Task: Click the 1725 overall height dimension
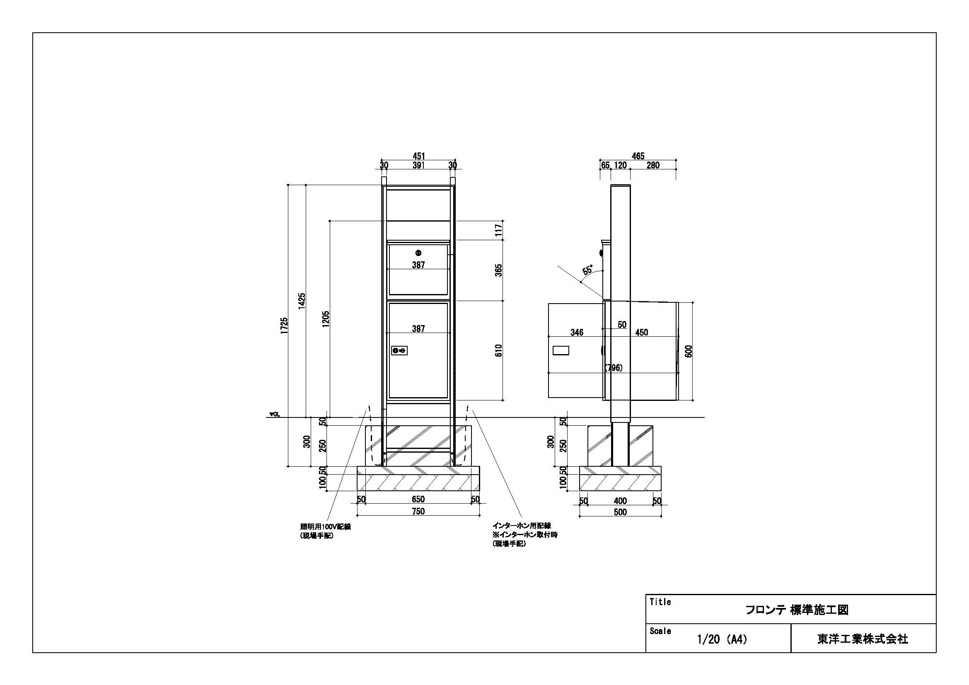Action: (x=285, y=326)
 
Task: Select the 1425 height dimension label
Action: (x=302, y=301)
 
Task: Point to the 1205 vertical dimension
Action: (x=325, y=319)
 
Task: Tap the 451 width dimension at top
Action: (x=418, y=157)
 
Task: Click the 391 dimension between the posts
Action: (x=418, y=165)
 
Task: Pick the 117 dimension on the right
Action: (x=499, y=230)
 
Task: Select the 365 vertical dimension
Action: (x=499, y=270)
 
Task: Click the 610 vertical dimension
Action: (x=499, y=350)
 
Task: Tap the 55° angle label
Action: (x=587, y=270)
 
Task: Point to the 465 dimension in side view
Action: (x=638, y=156)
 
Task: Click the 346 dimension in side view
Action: (x=577, y=333)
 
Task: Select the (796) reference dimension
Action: (x=613, y=368)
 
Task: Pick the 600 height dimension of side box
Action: (x=689, y=351)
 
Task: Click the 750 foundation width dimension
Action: (x=418, y=511)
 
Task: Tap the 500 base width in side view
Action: (x=620, y=512)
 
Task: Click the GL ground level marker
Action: (x=275, y=415)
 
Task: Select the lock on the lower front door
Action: (x=399, y=350)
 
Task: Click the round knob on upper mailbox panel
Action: (x=418, y=253)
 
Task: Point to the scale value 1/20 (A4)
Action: (x=722, y=639)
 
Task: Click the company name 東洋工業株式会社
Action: (x=863, y=639)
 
